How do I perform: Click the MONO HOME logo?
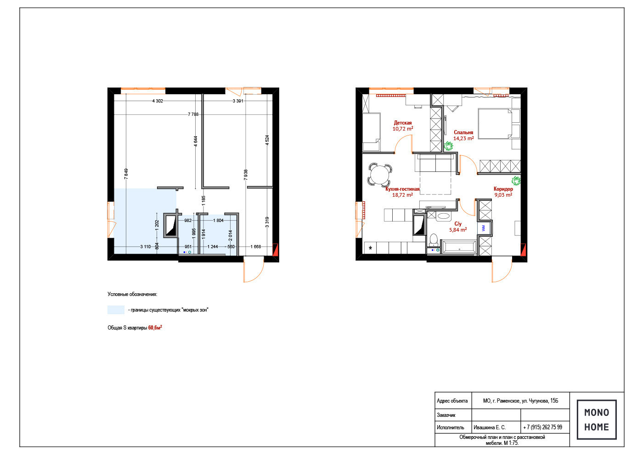click(597, 419)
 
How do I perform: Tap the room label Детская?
click(402, 123)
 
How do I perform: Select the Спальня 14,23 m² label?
click(463, 135)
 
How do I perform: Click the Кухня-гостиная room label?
click(402, 189)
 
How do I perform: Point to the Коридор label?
click(503, 189)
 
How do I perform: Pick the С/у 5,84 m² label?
click(458, 227)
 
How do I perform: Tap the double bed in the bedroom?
click(495, 124)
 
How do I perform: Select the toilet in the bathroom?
click(434, 240)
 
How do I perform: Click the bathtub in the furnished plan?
click(459, 248)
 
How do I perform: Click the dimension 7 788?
click(193, 114)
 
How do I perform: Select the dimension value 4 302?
click(158, 101)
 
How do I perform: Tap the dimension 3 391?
click(238, 101)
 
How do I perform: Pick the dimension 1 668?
click(256, 246)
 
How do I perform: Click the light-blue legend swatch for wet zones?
click(116, 310)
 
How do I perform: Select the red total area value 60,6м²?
click(155, 327)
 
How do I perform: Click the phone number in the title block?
click(542, 427)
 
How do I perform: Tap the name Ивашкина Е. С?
click(490, 427)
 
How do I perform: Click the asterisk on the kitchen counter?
click(370, 248)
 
